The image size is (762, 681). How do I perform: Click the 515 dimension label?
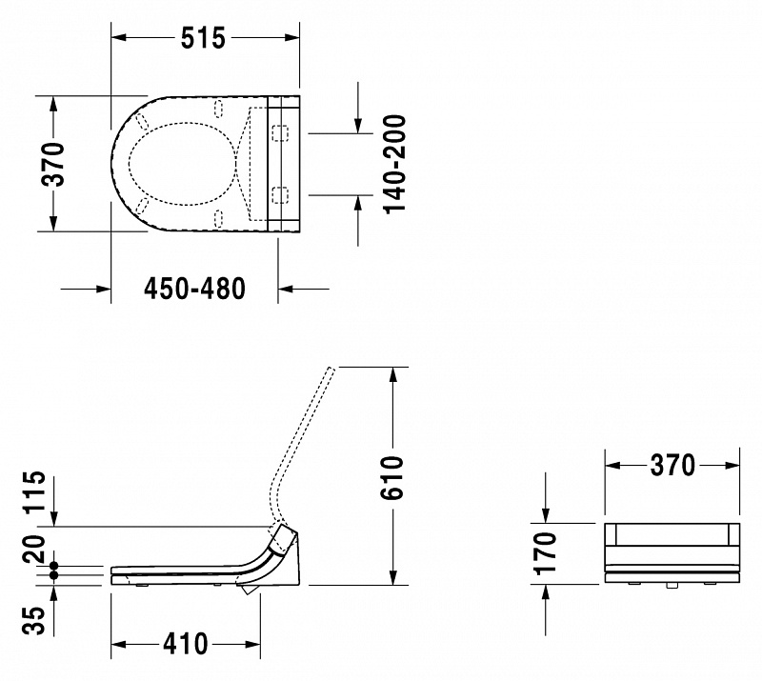click(x=203, y=38)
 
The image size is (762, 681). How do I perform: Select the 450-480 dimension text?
click(x=194, y=289)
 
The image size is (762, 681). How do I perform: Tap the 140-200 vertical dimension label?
click(x=394, y=164)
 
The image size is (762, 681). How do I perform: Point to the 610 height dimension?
click(x=392, y=477)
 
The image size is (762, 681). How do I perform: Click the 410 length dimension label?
click(x=185, y=644)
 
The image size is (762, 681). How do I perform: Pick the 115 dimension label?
click(x=35, y=491)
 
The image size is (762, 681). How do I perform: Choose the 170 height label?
click(x=545, y=553)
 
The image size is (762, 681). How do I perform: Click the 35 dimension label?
click(x=34, y=620)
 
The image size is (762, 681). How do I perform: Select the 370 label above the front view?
click(x=672, y=465)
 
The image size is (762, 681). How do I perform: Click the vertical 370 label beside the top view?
click(x=52, y=164)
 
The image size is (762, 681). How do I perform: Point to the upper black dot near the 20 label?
click(x=53, y=566)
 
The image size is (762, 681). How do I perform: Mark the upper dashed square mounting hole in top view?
click(x=279, y=132)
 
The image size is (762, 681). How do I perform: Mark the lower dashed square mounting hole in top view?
click(x=279, y=195)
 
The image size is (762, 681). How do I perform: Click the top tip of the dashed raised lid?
click(x=332, y=368)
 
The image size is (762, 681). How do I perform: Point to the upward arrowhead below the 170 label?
click(x=545, y=593)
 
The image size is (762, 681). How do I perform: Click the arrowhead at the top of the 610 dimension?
click(x=392, y=376)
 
